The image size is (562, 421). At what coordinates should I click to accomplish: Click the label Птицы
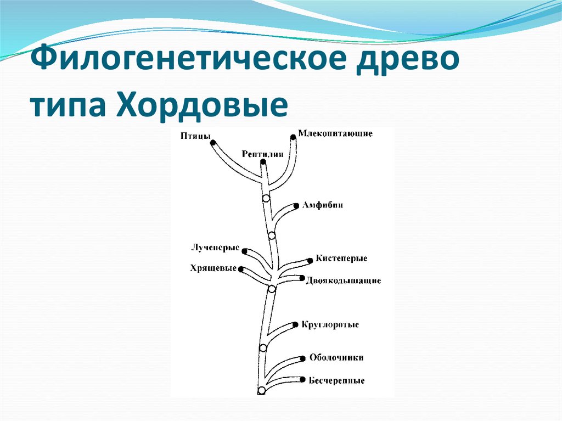tap(195, 136)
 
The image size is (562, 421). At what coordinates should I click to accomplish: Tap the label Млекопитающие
tap(335, 133)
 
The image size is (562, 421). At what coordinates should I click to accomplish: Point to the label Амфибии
tap(323, 205)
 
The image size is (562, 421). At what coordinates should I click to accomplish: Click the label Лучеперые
tap(215, 248)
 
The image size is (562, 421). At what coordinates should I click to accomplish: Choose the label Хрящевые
tap(213, 268)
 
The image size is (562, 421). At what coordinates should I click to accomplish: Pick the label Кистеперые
tap(341, 258)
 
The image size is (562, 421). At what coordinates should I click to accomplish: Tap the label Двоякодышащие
tap(344, 280)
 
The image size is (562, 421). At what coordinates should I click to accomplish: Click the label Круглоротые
tap(330, 324)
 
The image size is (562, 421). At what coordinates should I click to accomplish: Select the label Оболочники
tap(336, 357)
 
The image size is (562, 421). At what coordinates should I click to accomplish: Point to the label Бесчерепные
tap(336, 380)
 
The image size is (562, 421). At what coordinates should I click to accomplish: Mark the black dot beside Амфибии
tap(297, 205)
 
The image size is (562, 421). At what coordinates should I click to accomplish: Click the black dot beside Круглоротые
tap(296, 324)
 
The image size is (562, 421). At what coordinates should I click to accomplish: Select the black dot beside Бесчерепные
tap(302, 379)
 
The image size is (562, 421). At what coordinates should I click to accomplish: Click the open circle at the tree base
tap(261, 390)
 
